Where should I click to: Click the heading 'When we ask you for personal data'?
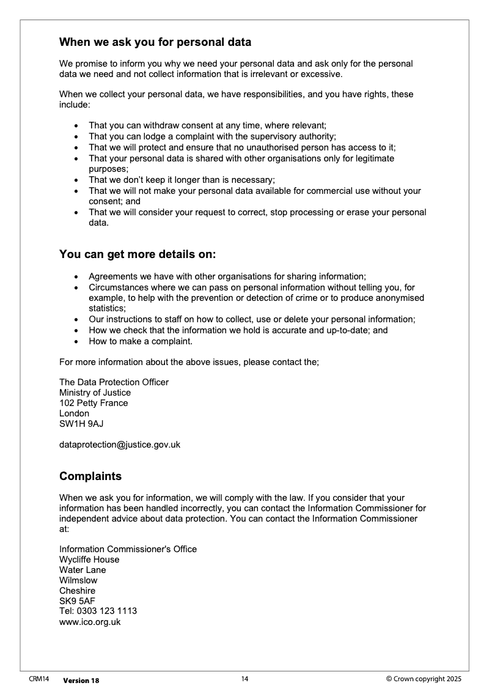[x=155, y=43]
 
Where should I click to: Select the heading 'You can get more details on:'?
[x=138, y=254]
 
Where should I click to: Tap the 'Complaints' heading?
[x=90, y=476]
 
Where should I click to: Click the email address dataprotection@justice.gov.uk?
[x=120, y=445]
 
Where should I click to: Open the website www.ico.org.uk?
[x=90, y=622]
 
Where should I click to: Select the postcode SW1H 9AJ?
[x=77, y=424]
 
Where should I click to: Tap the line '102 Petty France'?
[x=94, y=403]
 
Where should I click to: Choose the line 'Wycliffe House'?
[x=89, y=560]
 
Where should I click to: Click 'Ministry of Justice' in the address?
[x=95, y=393]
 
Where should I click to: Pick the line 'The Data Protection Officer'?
[x=114, y=382]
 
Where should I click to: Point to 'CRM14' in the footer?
[x=39, y=679]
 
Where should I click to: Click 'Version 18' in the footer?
[x=81, y=681]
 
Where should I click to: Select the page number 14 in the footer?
[x=244, y=679]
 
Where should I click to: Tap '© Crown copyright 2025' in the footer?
[x=424, y=679]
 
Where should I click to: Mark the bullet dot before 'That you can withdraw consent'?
[x=76, y=126]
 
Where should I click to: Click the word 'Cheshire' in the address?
[x=77, y=591]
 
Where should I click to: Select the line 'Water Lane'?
[x=83, y=570]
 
